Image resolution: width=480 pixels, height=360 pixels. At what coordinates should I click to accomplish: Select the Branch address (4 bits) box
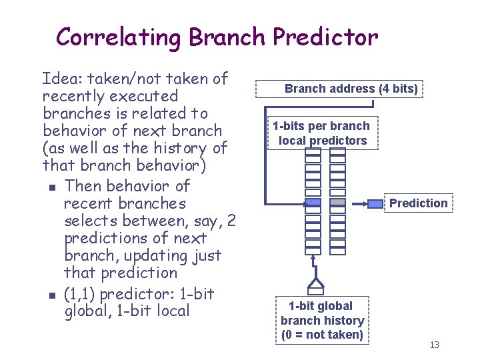click(351, 89)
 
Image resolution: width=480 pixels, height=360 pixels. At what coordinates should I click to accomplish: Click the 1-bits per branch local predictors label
click(321, 133)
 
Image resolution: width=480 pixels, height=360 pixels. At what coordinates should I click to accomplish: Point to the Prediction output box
click(418, 203)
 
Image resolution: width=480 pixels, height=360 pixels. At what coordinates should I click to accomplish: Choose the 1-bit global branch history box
click(322, 321)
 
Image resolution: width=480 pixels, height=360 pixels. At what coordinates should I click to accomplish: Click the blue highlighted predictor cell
click(313, 202)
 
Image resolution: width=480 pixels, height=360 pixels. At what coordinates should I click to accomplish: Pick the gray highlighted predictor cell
click(338, 202)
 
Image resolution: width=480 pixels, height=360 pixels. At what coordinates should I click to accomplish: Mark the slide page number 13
click(435, 345)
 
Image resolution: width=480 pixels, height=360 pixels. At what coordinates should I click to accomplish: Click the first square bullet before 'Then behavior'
click(52, 187)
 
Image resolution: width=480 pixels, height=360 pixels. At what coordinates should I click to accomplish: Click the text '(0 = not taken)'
click(322, 335)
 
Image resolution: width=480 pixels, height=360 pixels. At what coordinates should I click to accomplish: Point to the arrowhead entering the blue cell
click(301, 202)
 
